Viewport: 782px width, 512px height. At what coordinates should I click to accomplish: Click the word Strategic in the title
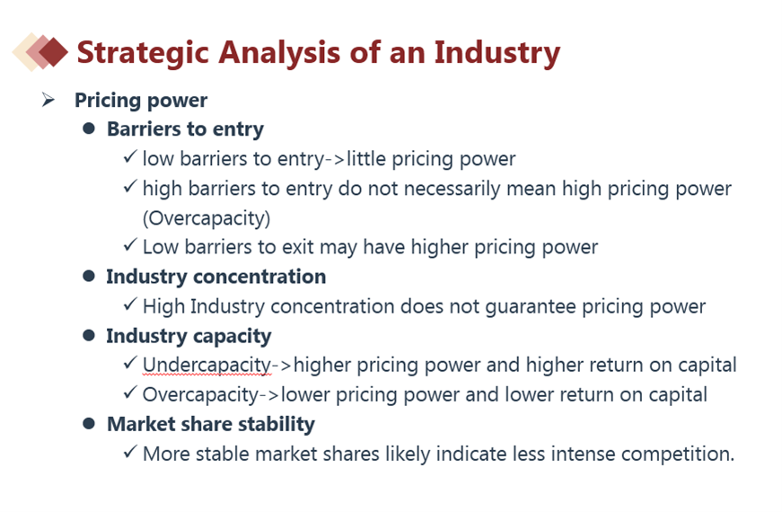point(143,53)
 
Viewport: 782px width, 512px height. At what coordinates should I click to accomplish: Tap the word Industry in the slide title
point(497,53)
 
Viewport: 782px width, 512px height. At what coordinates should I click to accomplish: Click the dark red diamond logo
point(53,51)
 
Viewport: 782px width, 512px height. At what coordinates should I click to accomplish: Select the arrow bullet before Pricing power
point(48,100)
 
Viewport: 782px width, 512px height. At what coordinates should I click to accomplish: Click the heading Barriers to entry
point(185,128)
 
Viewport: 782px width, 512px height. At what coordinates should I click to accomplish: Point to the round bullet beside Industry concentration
point(89,276)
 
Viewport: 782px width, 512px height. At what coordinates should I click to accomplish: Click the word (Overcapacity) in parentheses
point(206,218)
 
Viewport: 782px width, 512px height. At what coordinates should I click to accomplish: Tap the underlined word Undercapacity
point(207,366)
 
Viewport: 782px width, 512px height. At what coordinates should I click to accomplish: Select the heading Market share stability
point(211,424)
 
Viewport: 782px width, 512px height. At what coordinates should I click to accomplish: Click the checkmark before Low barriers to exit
point(129,244)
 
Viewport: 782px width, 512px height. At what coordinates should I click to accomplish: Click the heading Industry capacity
point(189,336)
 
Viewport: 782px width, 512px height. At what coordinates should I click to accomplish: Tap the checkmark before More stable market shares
point(129,452)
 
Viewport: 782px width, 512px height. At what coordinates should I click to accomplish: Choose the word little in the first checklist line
point(366,159)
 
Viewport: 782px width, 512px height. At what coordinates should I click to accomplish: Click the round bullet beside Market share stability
point(89,424)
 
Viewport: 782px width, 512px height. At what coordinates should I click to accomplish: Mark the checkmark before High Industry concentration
point(129,304)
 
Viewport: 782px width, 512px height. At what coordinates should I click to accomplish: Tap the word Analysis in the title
point(279,53)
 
